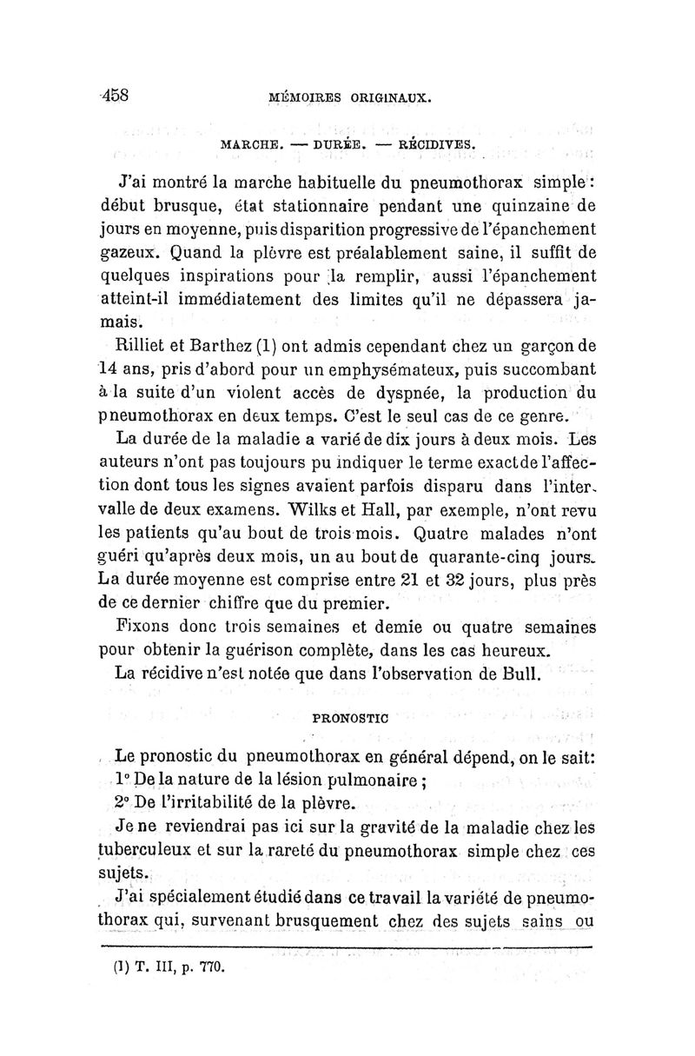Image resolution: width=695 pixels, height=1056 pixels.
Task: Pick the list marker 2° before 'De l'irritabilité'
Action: pyautogui.click(x=123, y=800)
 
